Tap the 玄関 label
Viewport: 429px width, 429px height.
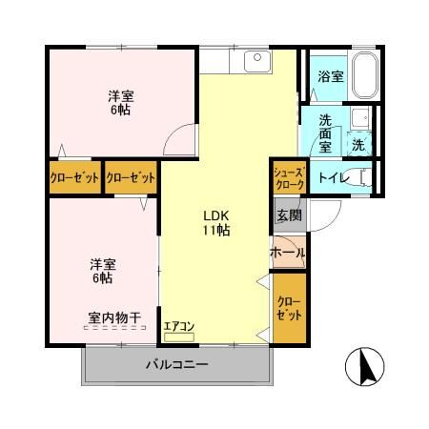[x=288, y=216]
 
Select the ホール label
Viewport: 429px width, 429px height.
[x=288, y=253]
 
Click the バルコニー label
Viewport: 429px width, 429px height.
[x=176, y=363]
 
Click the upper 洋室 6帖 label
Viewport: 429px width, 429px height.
[x=119, y=102]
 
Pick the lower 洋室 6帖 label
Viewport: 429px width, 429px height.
[x=103, y=270]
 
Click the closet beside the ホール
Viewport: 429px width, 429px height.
[x=289, y=307]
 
